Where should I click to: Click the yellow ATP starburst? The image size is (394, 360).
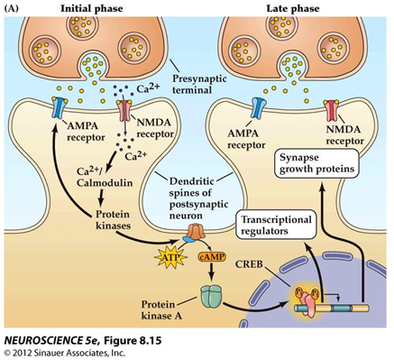(x=170, y=258)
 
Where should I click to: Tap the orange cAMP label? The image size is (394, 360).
(x=212, y=256)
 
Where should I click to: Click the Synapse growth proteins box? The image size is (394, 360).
(x=316, y=163)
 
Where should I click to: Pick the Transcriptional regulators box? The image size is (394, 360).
(x=276, y=225)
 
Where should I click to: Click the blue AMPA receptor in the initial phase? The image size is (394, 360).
(x=59, y=107)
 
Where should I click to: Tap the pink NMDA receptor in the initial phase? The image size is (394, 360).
(x=124, y=110)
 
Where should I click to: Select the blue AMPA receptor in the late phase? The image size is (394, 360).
(x=258, y=108)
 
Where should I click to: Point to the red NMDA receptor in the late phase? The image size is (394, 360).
(x=331, y=110)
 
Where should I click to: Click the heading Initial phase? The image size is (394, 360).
(x=92, y=8)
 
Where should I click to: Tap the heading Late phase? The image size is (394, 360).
(x=293, y=8)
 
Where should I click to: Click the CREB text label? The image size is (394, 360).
(x=249, y=264)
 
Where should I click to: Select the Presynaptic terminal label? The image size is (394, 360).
(x=199, y=85)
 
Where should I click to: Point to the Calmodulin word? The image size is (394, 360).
(x=105, y=182)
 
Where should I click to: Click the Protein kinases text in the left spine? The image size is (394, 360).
(x=113, y=220)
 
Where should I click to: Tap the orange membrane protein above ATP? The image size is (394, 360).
(x=196, y=233)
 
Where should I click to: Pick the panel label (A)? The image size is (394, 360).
(x=12, y=8)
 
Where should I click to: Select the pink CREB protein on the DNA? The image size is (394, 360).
(x=307, y=303)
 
